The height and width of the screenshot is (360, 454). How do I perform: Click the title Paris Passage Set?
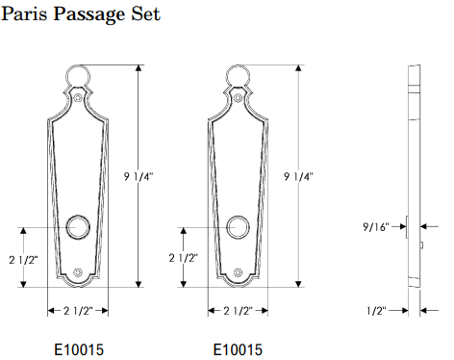pyautogui.click(x=81, y=15)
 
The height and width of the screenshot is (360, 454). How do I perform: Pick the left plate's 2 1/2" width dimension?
pyautogui.click(x=77, y=310)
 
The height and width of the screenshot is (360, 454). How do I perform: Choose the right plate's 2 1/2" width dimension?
pyautogui.click(x=237, y=310)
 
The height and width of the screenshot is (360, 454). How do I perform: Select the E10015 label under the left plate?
pyautogui.click(x=77, y=348)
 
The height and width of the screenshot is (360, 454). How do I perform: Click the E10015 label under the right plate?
pyautogui.click(x=237, y=348)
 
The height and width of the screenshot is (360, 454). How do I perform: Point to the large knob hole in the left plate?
pyautogui.click(x=77, y=228)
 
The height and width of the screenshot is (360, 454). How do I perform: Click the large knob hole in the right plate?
pyautogui.click(x=238, y=228)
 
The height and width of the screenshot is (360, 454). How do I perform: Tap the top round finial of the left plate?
pyautogui.click(x=77, y=76)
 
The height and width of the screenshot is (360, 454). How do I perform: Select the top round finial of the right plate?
pyautogui.click(x=238, y=76)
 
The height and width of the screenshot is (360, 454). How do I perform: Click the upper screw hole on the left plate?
pyautogui.click(x=77, y=98)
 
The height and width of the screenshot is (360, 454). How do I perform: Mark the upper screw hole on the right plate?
pyautogui.click(x=238, y=98)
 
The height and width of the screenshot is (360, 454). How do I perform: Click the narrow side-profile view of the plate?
pyautogui.click(x=415, y=176)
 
